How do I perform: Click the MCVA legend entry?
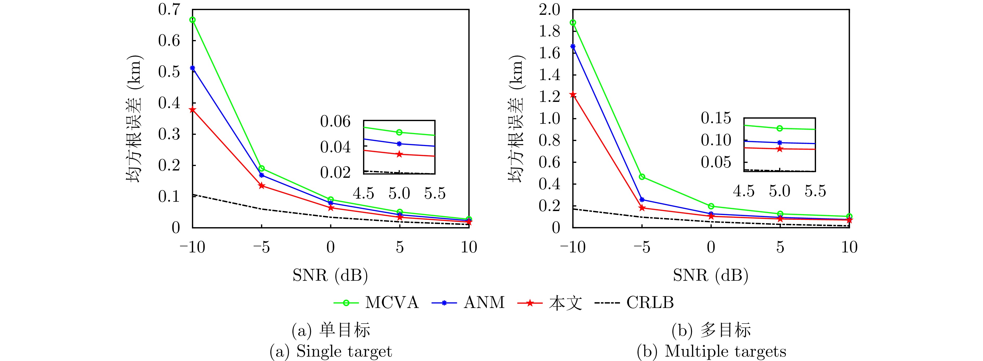[x=376, y=303]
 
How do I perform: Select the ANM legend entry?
[x=468, y=303]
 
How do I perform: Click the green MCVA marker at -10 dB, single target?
[x=193, y=20]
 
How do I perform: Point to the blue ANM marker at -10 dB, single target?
[x=193, y=68]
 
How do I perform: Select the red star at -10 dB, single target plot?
[x=193, y=110]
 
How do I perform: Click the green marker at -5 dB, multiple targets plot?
[x=642, y=177]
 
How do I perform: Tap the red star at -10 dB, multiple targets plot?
[x=573, y=95]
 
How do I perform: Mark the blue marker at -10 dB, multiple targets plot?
[x=573, y=47]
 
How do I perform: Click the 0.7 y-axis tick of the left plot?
[x=169, y=10]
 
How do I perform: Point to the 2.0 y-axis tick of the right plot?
[x=549, y=10]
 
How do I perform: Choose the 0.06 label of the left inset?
[x=335, y=122]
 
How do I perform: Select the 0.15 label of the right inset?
[x=716, y=118]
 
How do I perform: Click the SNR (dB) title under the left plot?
[x=330, y=275]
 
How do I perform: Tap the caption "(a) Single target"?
[x=331, y=351]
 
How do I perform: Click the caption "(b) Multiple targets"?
[x=711, y=351]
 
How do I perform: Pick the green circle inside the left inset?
[x=399, y=132]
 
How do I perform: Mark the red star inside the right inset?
[x=780, y=149]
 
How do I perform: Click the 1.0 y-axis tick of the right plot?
[x=549, y=119]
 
